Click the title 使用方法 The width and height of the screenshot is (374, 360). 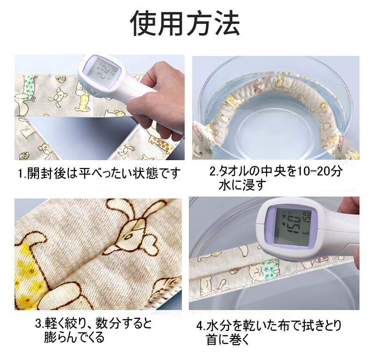(185, 23)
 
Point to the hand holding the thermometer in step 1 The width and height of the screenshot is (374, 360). (157, 102)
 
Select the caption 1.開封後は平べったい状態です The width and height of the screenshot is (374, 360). (99, 173)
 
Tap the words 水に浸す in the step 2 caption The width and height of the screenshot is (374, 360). (242, 185)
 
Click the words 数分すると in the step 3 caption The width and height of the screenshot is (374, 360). (123, 324)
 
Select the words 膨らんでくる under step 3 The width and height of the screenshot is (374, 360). (74, 338)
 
